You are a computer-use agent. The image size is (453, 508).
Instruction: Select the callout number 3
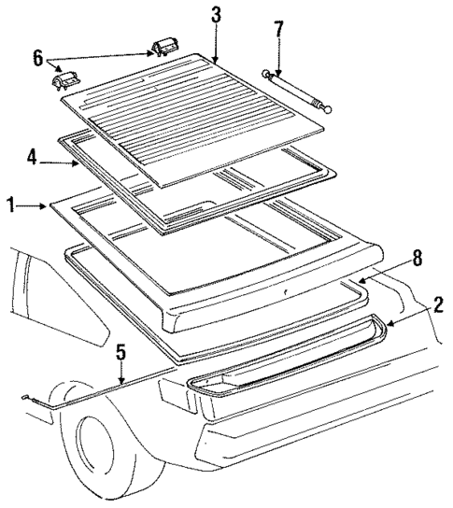pos(216,16)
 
